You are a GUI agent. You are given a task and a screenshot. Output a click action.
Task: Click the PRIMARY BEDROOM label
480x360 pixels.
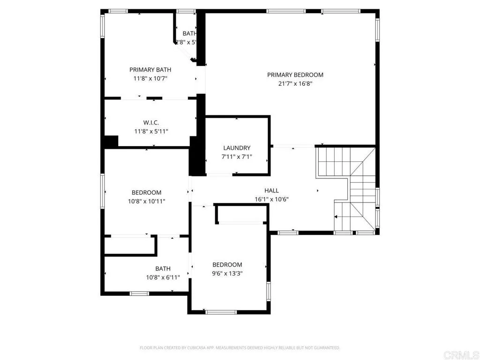pyautogui.click(x=295, y=75)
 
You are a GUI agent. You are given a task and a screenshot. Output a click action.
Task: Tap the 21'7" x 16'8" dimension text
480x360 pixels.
pyautogui.click(x=295, y=83)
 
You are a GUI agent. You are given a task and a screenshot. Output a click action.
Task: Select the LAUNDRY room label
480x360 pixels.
pyautogui.click(x=237, y=148)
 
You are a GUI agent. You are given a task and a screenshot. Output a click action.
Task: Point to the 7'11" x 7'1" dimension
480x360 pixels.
pyautogui.click(x=237, y=157)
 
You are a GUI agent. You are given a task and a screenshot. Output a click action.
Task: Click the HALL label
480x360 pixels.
pyautogui.click(x=271, y=190)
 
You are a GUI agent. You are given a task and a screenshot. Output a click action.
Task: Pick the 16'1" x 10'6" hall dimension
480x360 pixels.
pyautogui.click(x=271, y=199)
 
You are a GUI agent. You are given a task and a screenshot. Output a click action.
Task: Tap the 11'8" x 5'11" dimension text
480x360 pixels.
pyautogui.click(x=151, y=131)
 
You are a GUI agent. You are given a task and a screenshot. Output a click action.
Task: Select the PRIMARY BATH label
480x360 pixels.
pyautogui.click(x=151, y=70)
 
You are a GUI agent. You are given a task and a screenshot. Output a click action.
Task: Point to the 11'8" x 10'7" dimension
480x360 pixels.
pyautogui.click(x=151, y=78)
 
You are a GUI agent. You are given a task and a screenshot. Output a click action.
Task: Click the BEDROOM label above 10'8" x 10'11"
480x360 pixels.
pyautogui.click(x=146, y=192)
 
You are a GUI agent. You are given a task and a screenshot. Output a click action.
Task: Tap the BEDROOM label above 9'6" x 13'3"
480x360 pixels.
pyautogui.click(x=227, y=264)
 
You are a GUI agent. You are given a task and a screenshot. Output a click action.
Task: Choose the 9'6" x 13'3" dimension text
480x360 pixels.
pyautogui.click(x=227, y=273)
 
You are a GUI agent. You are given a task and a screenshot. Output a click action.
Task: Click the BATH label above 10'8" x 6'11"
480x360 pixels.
pyautogui.click(x=163, y=269)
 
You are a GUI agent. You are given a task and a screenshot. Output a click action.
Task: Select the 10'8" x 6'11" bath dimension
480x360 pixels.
pyautogui.click(x=163, y=277)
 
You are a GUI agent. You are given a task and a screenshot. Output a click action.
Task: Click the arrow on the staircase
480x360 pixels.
pyautogui.click(x=336, y=217)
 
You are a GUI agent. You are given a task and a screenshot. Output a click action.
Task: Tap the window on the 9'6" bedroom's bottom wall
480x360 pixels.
pyautogui.click(x=221, y=312)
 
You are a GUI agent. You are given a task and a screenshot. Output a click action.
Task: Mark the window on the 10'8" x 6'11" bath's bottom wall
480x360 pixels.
pyautogui.click(x=139, y=293)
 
